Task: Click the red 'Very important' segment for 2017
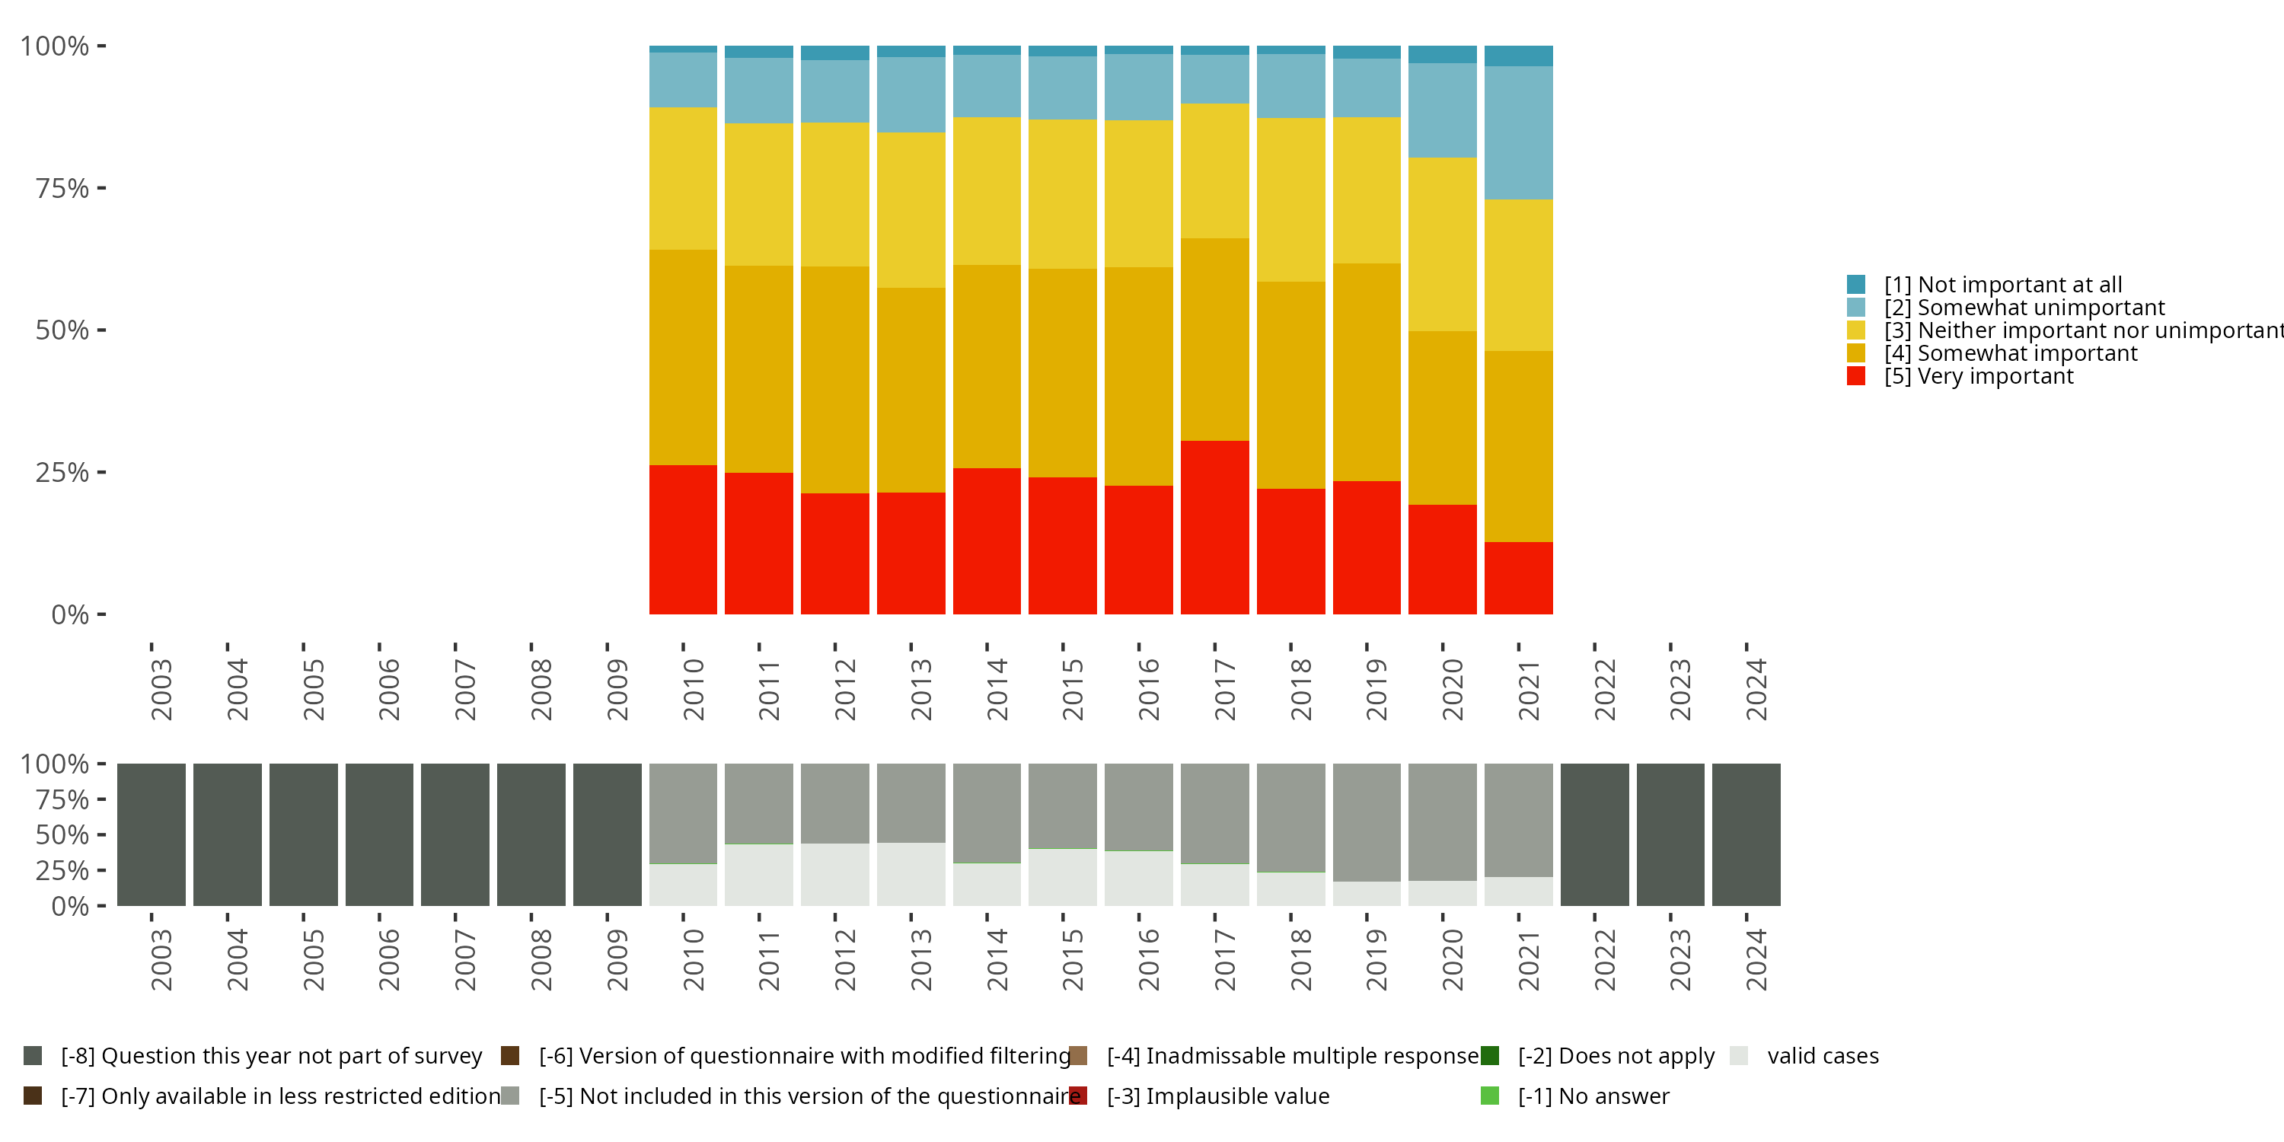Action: point(1214,528)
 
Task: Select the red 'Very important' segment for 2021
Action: point(1519,578)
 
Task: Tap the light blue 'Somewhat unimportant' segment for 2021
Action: point(1519,133)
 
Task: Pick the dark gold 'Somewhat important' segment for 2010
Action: point(683,357)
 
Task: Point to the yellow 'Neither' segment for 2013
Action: point(911,210)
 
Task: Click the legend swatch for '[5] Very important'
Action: point(1856,376)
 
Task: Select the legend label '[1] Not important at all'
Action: point(2003,285)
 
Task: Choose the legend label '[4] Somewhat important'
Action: point(2011,353)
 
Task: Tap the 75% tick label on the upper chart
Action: point(62,188)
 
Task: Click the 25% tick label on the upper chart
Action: point(62,472)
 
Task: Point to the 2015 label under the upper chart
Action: point(1073,689)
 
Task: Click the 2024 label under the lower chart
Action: point(1756,959)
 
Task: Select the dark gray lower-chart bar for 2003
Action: point(152,834)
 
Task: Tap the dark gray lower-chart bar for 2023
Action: point(1670,834)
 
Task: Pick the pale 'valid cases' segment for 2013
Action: point(911,874)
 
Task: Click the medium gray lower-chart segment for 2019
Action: point(1367,822)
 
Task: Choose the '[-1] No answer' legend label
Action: point(1593,1097)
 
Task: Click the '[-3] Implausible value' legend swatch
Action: point(1078,1096)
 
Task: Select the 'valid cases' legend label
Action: point(1823,1056)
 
